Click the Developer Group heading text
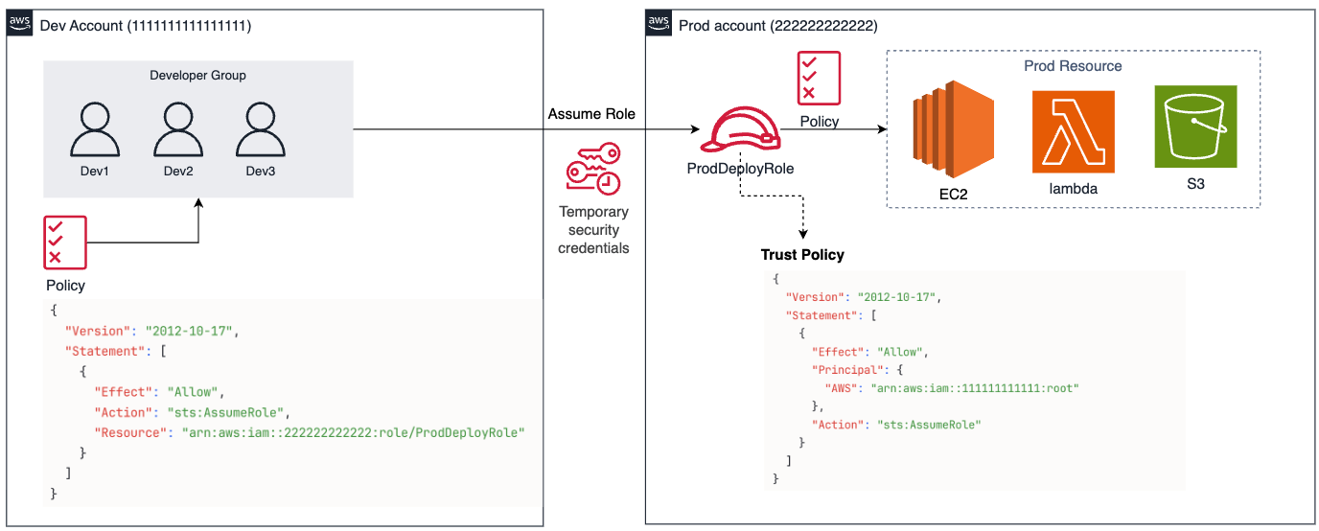pos(198,76)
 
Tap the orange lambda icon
pos(1073,131)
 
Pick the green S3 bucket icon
pos(1194,127)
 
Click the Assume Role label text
pos(591,114)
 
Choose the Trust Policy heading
pos(802,255)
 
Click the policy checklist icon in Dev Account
pos(64,242)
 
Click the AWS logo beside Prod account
pos(659,23)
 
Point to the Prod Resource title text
pos(1073,66)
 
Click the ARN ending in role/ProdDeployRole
pos(354,432)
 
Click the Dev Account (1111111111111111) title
pos(146,27)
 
